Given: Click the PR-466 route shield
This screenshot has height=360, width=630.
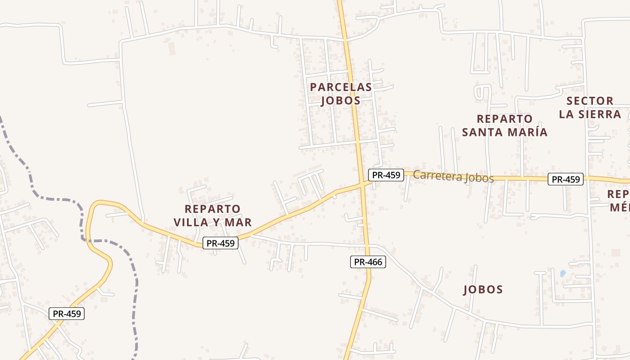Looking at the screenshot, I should pyautogui.click(x=368, y=262).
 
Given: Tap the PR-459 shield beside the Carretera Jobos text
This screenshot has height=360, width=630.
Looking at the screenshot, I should pyautogui.click(x=386, y=175).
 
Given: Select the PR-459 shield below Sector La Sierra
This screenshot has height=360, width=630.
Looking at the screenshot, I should pyautogui.click(x=566, y=179).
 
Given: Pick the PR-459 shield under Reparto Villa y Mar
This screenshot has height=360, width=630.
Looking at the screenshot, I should pyautogui.click(x=220, y=243).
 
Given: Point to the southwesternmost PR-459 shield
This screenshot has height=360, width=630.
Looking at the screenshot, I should pyautogui.click(x=67, y=314).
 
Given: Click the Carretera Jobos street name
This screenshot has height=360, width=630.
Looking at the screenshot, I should pyautogui.click(x=453, y=176).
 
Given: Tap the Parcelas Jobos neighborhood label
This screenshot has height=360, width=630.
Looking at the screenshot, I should pyautogui.click(x=341, y=94).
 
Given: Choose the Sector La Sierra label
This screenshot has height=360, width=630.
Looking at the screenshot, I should pyautogui.click(x=590, y=108).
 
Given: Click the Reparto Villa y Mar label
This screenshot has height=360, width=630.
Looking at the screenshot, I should pyautogui.click(x=212, y=216).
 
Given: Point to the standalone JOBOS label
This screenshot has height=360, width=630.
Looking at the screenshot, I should pyautogui.click(x=483, y=289).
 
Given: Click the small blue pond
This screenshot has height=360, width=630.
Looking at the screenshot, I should pyautogui.click(x=562, y=273).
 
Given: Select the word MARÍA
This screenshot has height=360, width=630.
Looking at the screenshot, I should pyautogui.click(x=527, y=132).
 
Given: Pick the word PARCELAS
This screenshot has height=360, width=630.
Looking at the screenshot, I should pyautogui.click(x=341, y=87).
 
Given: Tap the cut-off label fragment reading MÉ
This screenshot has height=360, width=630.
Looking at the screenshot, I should pyautogui.click(x=620, y=207).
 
